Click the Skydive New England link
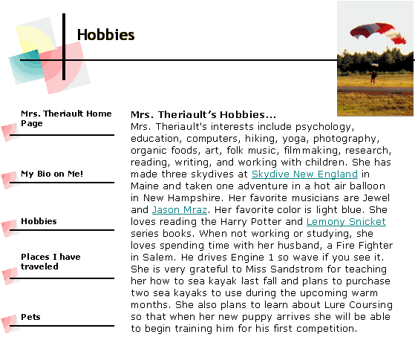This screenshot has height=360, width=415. [304, 174]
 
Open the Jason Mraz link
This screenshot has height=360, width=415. [180, 210]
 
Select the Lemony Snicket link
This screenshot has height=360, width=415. [346, 222]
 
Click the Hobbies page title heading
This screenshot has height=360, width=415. [106, 35]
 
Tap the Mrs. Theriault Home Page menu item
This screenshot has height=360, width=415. [66, 118]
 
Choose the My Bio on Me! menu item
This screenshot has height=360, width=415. [52, 174]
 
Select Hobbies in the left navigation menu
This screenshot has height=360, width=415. [39, 221]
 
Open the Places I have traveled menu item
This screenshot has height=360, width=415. [50, 261]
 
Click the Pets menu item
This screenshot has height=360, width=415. [30, 317]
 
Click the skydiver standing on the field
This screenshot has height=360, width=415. [373, 76]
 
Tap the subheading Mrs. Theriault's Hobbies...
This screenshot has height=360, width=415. [203, 115]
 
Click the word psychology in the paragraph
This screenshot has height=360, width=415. [324, 127]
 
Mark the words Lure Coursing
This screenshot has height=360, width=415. [359, 305]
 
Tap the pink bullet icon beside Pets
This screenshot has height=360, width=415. [10, 324]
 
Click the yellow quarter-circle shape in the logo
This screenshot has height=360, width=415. [34, 39]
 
